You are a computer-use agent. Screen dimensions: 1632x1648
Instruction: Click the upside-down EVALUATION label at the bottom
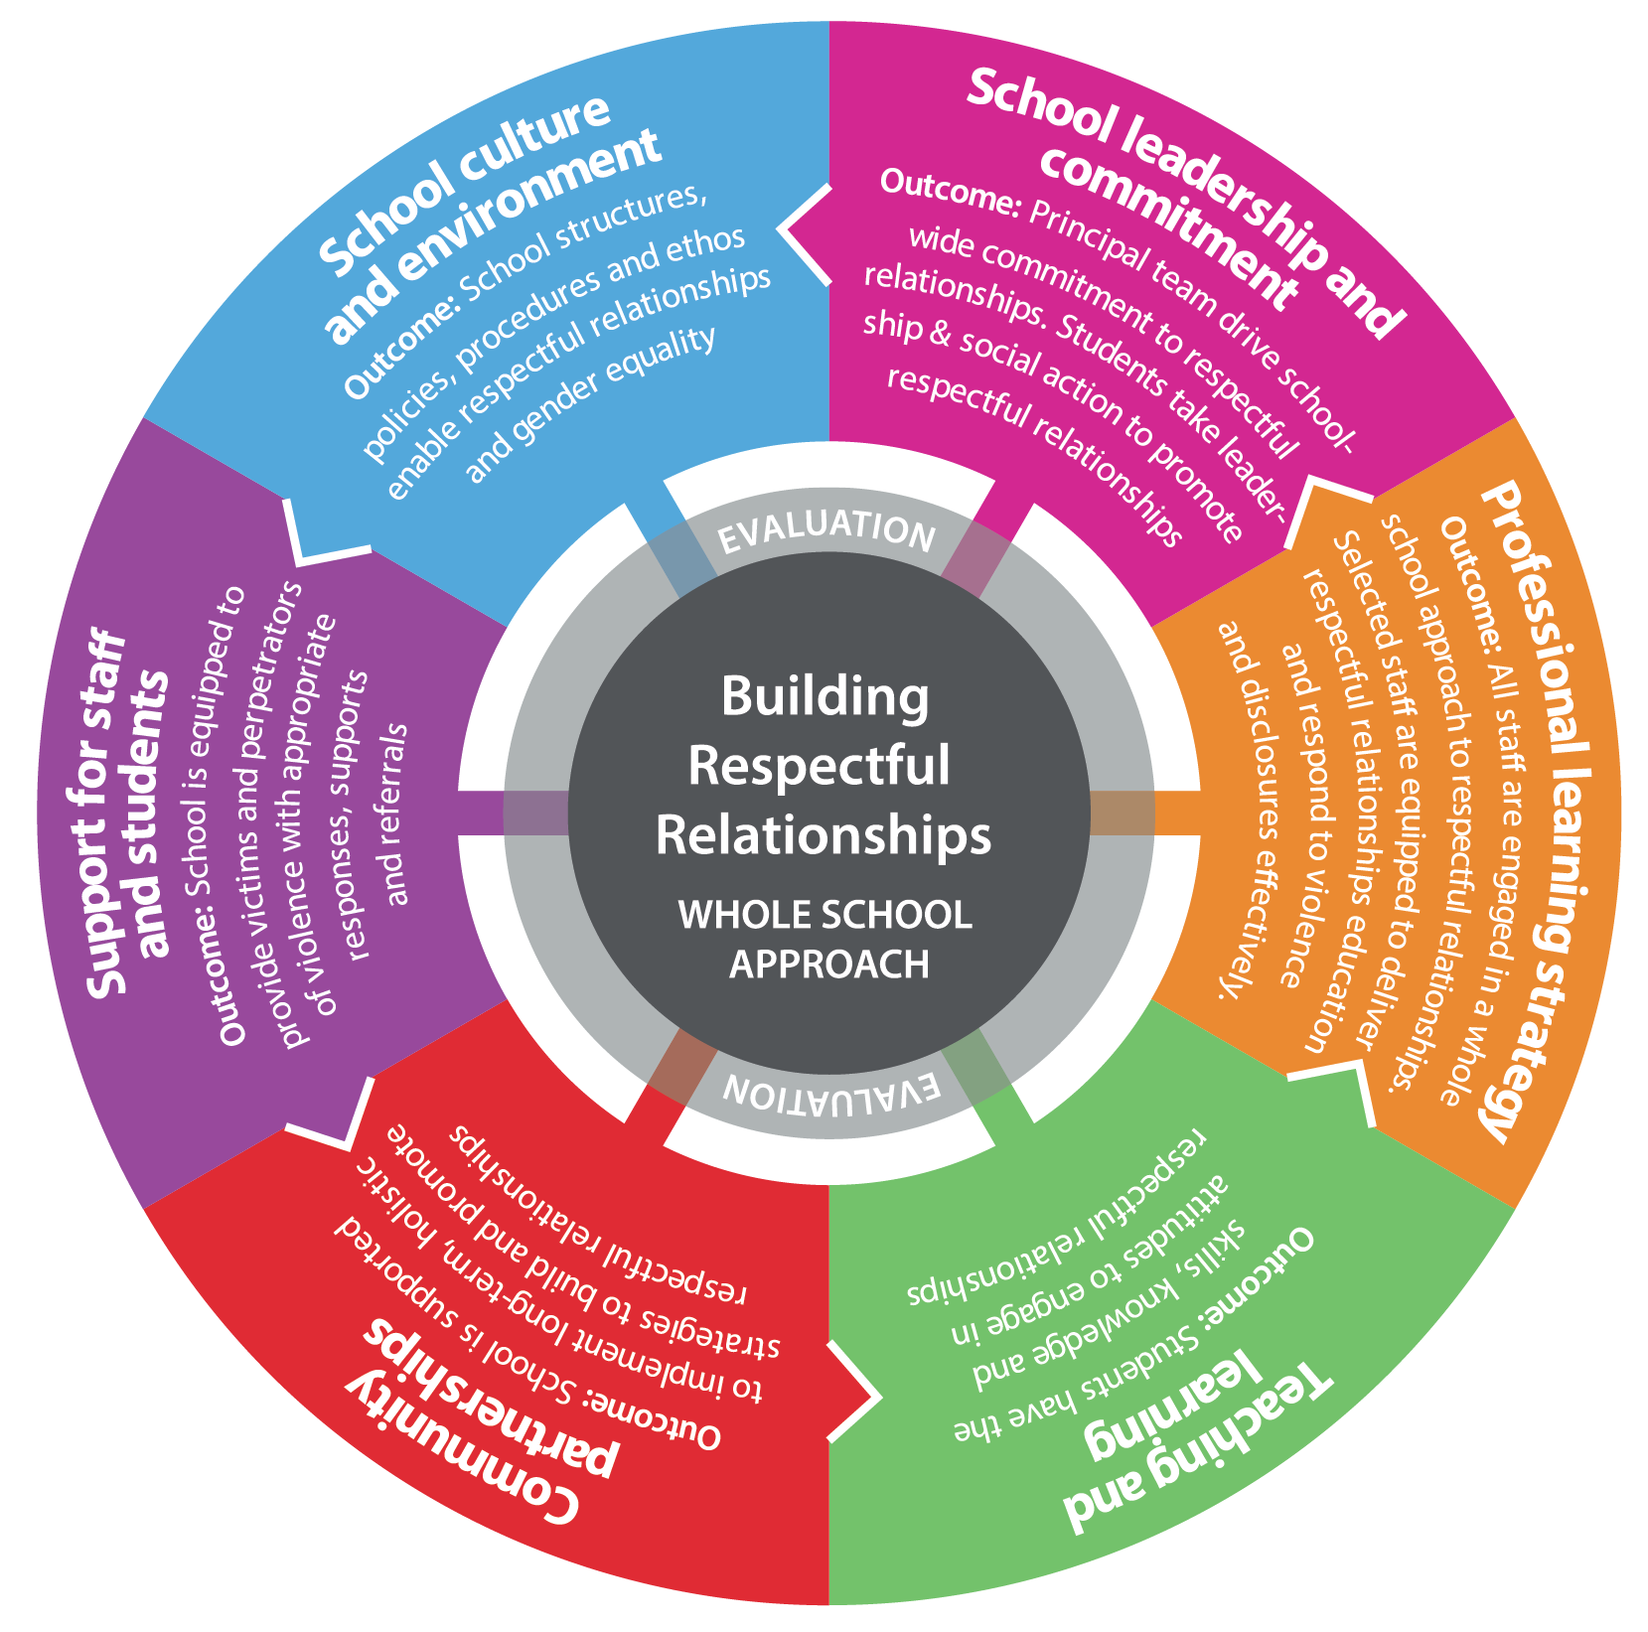(829, 1091)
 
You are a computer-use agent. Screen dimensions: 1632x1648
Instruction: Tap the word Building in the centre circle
(824, 696)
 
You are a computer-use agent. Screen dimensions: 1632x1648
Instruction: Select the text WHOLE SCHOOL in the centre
(824, 915)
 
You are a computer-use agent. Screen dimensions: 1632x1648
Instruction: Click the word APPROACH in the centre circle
(828, 964)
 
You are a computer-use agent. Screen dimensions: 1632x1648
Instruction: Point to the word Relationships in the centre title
(823, 834)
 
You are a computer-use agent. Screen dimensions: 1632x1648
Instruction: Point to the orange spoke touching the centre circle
(1123, 813)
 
